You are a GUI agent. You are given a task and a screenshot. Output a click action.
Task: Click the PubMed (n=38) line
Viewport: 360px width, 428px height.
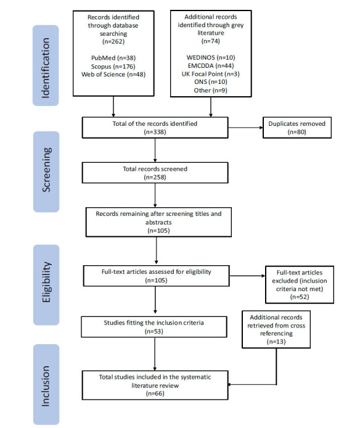click(113, 58)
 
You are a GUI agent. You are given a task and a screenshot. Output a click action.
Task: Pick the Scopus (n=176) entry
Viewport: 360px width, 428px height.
click(113, 67)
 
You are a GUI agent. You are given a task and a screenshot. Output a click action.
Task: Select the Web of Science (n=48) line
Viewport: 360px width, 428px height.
click(113, 74)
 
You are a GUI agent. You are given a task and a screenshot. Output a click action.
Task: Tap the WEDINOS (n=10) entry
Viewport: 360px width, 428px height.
click(211, 57)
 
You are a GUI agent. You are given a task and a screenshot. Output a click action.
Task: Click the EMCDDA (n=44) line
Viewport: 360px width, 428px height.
click(211, 65)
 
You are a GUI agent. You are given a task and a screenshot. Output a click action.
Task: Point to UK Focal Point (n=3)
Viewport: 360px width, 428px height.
click(211, 74)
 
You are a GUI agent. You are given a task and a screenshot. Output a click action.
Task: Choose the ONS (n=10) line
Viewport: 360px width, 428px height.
click(211, 81)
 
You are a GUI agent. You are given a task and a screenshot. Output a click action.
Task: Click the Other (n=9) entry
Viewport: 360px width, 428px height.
click(211, 90)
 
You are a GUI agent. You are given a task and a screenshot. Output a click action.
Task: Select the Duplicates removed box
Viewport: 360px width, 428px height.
click(297, 128)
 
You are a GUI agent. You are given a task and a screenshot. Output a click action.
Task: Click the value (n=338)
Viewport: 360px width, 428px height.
click(155, 132)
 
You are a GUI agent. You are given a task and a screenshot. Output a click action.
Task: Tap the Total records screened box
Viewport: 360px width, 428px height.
click(155, 173)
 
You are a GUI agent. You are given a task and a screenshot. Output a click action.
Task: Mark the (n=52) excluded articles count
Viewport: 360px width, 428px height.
click(300, 297)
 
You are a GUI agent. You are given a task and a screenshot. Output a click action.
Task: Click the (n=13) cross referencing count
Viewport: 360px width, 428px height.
click(276, 341)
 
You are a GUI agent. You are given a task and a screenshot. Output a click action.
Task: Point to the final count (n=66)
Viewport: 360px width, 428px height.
click(155, 393)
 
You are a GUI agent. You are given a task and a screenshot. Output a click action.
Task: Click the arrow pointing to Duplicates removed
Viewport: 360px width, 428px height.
click(245, 128)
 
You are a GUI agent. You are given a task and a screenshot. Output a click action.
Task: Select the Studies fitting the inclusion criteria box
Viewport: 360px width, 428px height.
click(154, 327)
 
